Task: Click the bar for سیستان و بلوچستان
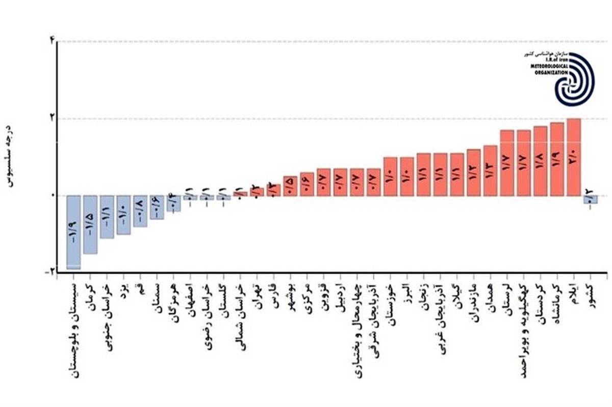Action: point(74,232)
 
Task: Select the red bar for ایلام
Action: point(574,157)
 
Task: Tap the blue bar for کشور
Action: point(591,200)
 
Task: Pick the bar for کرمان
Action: point(90,224)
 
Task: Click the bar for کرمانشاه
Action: point(557,159)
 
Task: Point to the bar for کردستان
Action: point(541,161)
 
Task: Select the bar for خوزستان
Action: point(390,176)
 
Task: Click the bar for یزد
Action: point(123,215)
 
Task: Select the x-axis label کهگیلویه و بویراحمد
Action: point(524,331)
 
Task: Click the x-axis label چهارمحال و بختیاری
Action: point(357,331)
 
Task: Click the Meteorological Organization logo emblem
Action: point(574,79)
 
